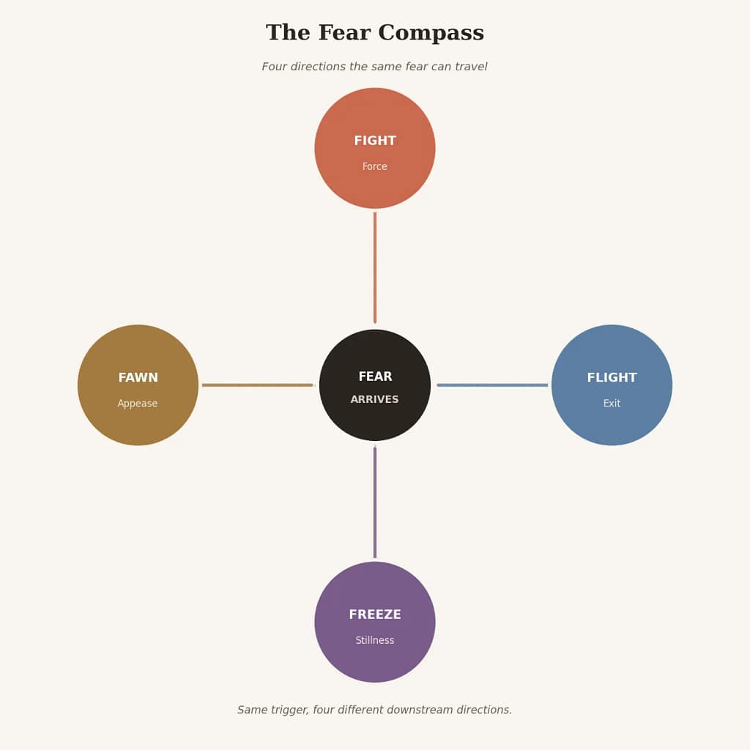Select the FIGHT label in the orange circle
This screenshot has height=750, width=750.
[x=375, y=141]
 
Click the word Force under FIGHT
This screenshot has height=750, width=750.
[x=374, y=166]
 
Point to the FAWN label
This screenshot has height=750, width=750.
[x=138, y=377]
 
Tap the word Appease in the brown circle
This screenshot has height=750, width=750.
[x=137, y=404]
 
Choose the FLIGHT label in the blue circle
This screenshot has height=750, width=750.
[x=612, y=377]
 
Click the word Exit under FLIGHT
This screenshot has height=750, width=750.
[x=612, y=404]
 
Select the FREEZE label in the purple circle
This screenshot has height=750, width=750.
[x=375, y=615]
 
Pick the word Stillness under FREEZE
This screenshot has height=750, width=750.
[x=374, y=640]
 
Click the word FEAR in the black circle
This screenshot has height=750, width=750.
[x=375, y=376]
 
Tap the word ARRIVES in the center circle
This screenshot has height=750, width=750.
[x=374, y=399]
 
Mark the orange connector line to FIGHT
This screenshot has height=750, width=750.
[x=375, y=268]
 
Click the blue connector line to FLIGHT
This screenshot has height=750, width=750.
[x=492, y=385]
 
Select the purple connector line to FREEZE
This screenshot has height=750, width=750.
[x=375, y=502]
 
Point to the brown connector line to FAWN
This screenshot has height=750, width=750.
[x=257, y=385]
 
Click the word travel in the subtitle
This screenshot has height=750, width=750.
[x=472, y=67]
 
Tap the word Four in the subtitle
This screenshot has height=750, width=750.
[x=274, y=67]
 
